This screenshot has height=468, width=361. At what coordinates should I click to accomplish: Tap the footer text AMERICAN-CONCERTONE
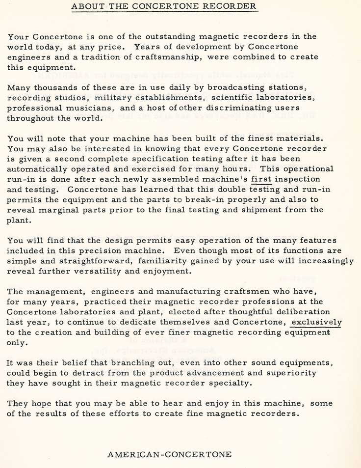pos(169,454)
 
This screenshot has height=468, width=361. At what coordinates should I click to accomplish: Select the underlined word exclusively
pos(316,322)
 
